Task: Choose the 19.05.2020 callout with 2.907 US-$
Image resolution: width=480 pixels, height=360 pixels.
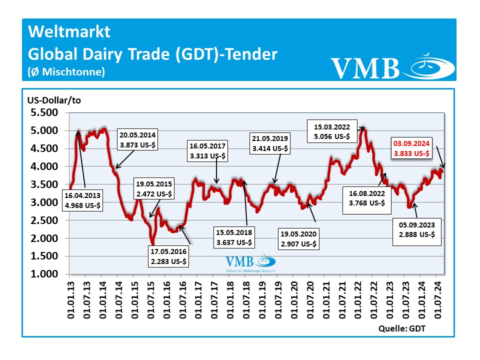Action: coord(299,238)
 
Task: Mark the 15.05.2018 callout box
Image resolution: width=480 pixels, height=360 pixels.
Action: coord(234,237)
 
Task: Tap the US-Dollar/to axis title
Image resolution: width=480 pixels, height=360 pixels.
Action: coord(54,99)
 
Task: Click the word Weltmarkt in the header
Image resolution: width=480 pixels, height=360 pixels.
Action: coord(69,32)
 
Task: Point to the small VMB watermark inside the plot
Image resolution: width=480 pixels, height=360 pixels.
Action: coord(250,263)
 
